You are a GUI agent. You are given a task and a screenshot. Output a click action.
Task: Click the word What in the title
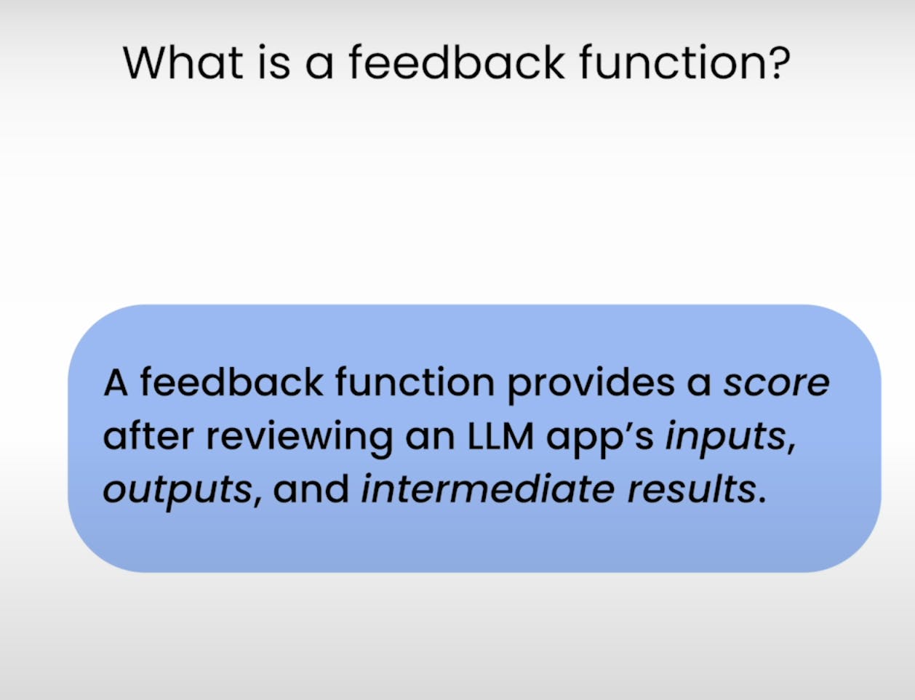click(183, 62)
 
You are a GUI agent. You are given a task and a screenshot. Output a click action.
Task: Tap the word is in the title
click(274, 62)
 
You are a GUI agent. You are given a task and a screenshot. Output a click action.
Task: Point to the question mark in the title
click(778, 62)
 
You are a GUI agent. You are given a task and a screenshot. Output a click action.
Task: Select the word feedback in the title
click(457, 62)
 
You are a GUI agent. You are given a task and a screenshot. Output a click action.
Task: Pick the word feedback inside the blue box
click(231, 382)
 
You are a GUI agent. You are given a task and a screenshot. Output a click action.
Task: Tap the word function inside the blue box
click(415, 382)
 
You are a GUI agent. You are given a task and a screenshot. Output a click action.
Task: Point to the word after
click(148, 435)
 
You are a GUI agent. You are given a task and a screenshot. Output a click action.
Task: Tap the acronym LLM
click(500, 436)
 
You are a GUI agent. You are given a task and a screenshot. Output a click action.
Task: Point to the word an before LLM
click(430, 440)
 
